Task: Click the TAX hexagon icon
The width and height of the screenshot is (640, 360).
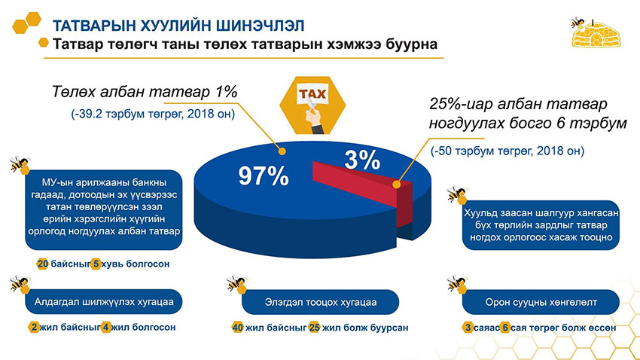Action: pos(311,99)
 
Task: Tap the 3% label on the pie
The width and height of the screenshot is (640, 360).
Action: pos(361,160)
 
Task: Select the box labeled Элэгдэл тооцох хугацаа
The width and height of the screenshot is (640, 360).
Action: pos(320,303)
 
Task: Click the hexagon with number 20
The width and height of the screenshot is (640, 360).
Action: pos(42,264)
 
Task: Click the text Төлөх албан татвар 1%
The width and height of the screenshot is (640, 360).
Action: pos(145,93)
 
